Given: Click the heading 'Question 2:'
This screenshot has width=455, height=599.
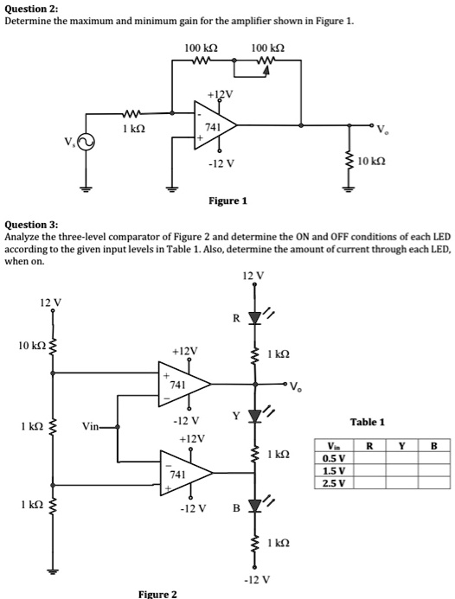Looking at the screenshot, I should click(30, 7).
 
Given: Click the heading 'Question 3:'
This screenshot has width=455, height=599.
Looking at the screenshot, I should click(31, 223).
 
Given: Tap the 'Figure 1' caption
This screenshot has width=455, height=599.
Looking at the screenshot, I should click(228, 201).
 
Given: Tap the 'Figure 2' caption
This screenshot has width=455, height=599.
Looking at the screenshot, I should click(157, 593).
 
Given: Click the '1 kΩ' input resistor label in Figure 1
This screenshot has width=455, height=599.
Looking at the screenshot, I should click(132, 128).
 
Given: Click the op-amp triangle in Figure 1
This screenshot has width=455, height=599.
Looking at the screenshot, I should click(212, 126).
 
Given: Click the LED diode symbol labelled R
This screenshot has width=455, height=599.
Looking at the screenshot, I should click(254, 319).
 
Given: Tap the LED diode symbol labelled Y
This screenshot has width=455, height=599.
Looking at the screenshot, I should click(254, 418).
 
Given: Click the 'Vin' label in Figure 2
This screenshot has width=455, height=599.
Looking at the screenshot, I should click(93, 426).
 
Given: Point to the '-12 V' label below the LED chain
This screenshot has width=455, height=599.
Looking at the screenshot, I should click(257, 578).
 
